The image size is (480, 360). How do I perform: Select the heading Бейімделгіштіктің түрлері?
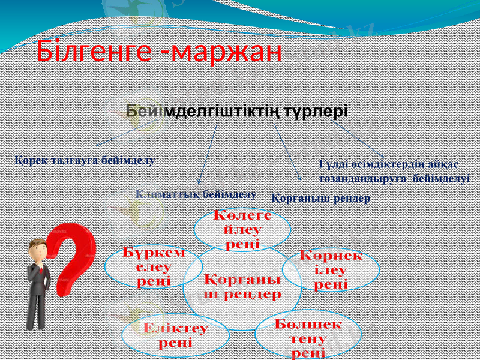(x=237, y=112)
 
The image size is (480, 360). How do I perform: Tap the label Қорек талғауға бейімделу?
(x=84, y=160)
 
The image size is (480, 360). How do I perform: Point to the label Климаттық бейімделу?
(x=196, y=194)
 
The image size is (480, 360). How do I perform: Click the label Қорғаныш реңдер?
(x=321, y=197)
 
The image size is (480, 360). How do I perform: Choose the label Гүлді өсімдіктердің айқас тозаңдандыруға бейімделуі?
(x=394, y=171)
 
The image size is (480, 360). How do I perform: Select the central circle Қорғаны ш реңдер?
(x=242, y=286)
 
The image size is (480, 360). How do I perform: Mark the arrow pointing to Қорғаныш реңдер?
(x=288, y=150)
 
